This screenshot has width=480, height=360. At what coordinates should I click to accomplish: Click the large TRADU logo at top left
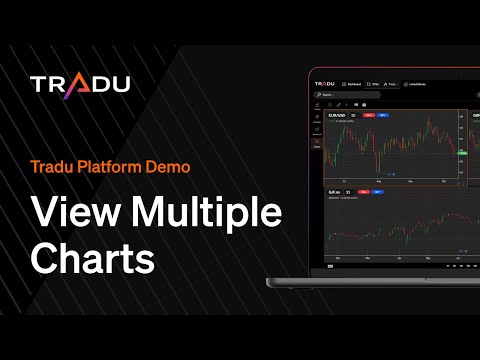point(79,85)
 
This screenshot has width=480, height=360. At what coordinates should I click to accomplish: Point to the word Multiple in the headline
point(201,214)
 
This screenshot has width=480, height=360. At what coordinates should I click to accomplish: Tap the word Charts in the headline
point(93,256)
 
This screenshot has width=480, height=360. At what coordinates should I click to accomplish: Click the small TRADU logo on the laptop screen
point(323,84)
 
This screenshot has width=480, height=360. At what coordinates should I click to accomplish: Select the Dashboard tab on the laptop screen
point(354,84)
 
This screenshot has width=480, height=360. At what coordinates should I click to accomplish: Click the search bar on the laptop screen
point(346,95)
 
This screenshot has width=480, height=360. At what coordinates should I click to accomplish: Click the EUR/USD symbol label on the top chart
point(337,115)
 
